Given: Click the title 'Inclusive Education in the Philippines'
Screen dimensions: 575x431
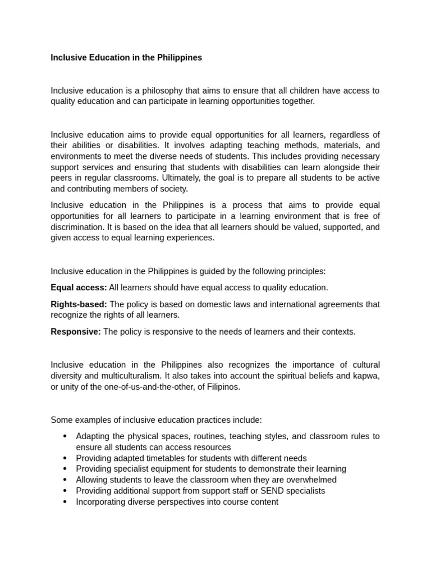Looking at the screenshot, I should tap(126, 58).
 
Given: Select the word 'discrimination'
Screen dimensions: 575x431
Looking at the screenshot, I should tap(77, 227).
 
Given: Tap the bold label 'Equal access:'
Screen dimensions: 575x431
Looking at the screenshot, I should tap(79, 287).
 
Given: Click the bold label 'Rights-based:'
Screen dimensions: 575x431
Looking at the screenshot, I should tap(79, 304).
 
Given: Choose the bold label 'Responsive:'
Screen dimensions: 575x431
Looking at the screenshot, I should tap(76, 332).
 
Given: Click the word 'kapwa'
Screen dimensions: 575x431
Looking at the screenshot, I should tap(366, 376).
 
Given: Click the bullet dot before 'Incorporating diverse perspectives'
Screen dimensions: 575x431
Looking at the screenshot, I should tap(65, 502).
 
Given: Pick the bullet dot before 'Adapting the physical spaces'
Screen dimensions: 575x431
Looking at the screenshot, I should tap(65, 436).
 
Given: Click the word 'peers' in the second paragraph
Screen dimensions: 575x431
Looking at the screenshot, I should tap(61, 178).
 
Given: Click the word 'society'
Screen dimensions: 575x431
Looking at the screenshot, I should tap(173, 189).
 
